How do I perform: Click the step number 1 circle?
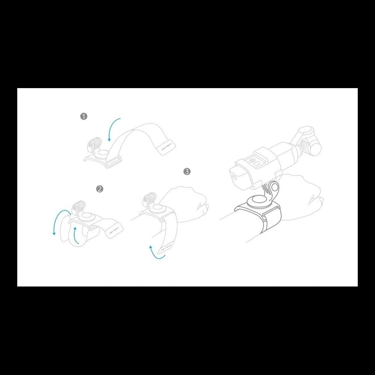tap(84, 116)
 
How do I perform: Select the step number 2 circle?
tap(99, 189)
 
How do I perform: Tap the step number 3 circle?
tap(187, 171)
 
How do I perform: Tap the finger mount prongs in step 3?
tap(147, 198)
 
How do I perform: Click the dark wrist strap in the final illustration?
tap(272, 221)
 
